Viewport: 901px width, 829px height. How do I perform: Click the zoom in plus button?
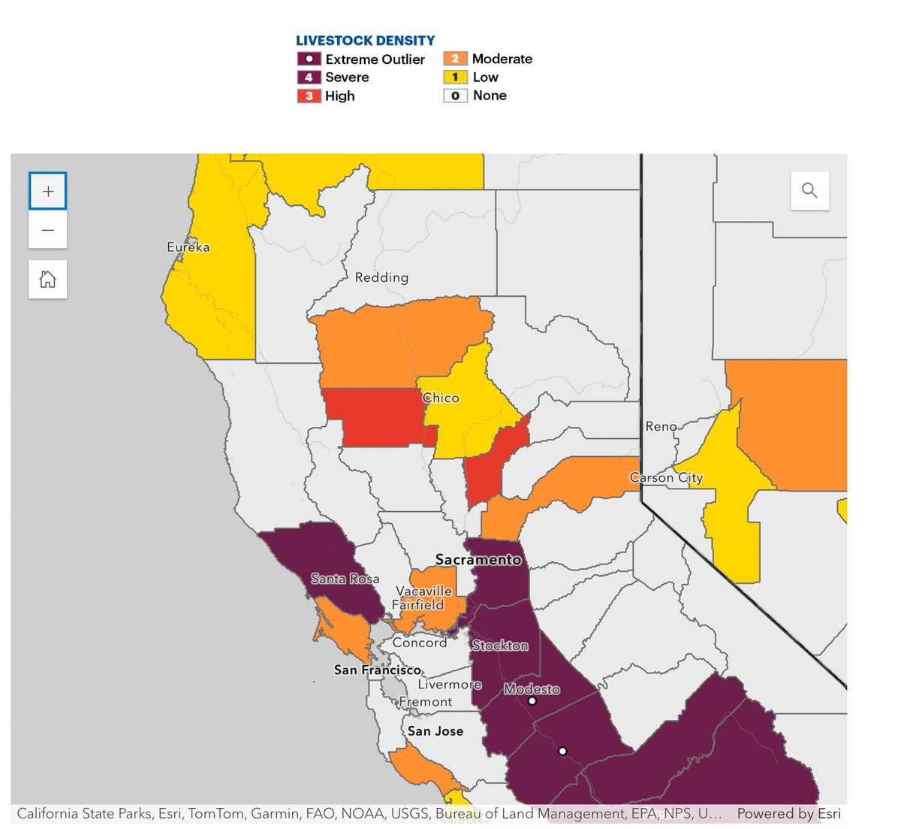point(48,191)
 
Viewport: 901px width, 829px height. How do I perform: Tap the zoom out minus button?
point(48,230)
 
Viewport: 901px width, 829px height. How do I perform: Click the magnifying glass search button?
point(809,190)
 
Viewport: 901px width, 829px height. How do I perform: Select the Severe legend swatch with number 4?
point(309,77)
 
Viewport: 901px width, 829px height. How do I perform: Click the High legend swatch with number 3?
point(309,96)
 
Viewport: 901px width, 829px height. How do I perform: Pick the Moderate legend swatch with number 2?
point(455,59)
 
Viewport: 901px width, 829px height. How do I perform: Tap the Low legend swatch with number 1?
point(455,77)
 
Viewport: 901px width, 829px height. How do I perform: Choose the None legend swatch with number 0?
point(455,96)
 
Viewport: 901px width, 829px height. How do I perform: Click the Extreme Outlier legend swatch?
point(309,59)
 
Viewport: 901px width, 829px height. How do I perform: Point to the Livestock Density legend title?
point(365,41)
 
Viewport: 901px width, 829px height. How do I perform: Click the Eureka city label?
point(188,247)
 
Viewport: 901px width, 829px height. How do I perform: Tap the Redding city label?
point(381,277)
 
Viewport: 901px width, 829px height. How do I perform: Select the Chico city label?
point(441,398)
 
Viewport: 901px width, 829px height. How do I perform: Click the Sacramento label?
point(478,560)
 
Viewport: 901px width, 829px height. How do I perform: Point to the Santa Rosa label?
point(345,579)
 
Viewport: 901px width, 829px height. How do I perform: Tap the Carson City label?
point(666,478)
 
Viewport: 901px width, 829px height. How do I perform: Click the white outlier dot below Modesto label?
point(532,701)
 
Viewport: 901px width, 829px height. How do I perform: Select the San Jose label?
point(435,731)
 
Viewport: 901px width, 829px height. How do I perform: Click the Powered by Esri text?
point(788,814)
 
